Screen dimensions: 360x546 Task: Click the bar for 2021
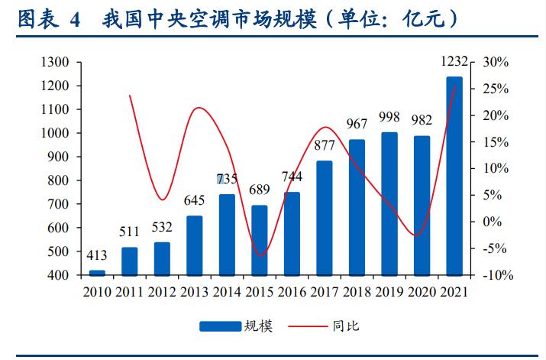point(454,175)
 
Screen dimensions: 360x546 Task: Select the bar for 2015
point(260,240)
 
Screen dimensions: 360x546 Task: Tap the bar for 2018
point(357,206)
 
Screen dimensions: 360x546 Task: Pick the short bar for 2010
point(97,272)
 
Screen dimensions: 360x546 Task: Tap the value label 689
point(260,192)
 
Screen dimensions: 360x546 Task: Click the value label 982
point(422,120)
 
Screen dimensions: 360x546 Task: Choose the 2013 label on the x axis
point(195,291)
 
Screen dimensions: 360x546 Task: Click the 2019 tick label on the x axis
point(389,291)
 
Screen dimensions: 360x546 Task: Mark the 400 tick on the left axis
point(60,275)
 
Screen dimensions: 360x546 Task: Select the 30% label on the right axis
point(496,62)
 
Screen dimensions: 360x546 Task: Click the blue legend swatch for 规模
point(221,326)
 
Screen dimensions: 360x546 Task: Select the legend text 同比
point(346,326)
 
